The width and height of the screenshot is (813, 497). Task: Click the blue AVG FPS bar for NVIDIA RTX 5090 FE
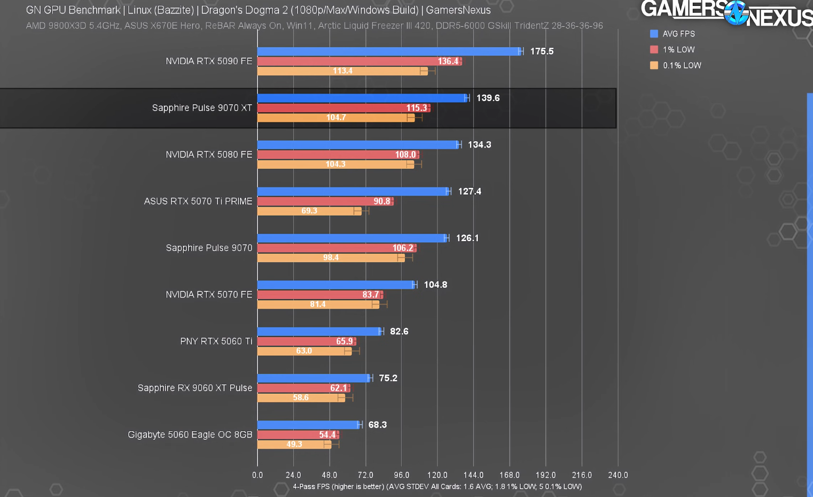387,51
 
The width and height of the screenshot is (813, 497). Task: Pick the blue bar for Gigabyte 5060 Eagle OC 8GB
309,425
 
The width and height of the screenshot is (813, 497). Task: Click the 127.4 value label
470,192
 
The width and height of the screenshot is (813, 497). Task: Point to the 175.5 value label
542,51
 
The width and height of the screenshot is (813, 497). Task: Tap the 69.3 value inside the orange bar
309,211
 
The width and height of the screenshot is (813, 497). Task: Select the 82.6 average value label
399,332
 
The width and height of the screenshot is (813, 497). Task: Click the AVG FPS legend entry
678,34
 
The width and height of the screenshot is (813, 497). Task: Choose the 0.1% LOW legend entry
682,65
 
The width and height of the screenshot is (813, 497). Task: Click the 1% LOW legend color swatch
654,50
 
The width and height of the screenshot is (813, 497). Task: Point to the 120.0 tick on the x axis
437,475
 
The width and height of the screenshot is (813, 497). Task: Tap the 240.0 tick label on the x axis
618,475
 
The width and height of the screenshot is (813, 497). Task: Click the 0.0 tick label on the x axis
257,475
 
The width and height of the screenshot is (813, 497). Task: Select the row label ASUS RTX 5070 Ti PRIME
198,201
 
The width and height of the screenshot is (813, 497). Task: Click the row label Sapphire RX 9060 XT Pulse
195,388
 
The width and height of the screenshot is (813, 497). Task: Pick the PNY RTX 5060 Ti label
216,341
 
